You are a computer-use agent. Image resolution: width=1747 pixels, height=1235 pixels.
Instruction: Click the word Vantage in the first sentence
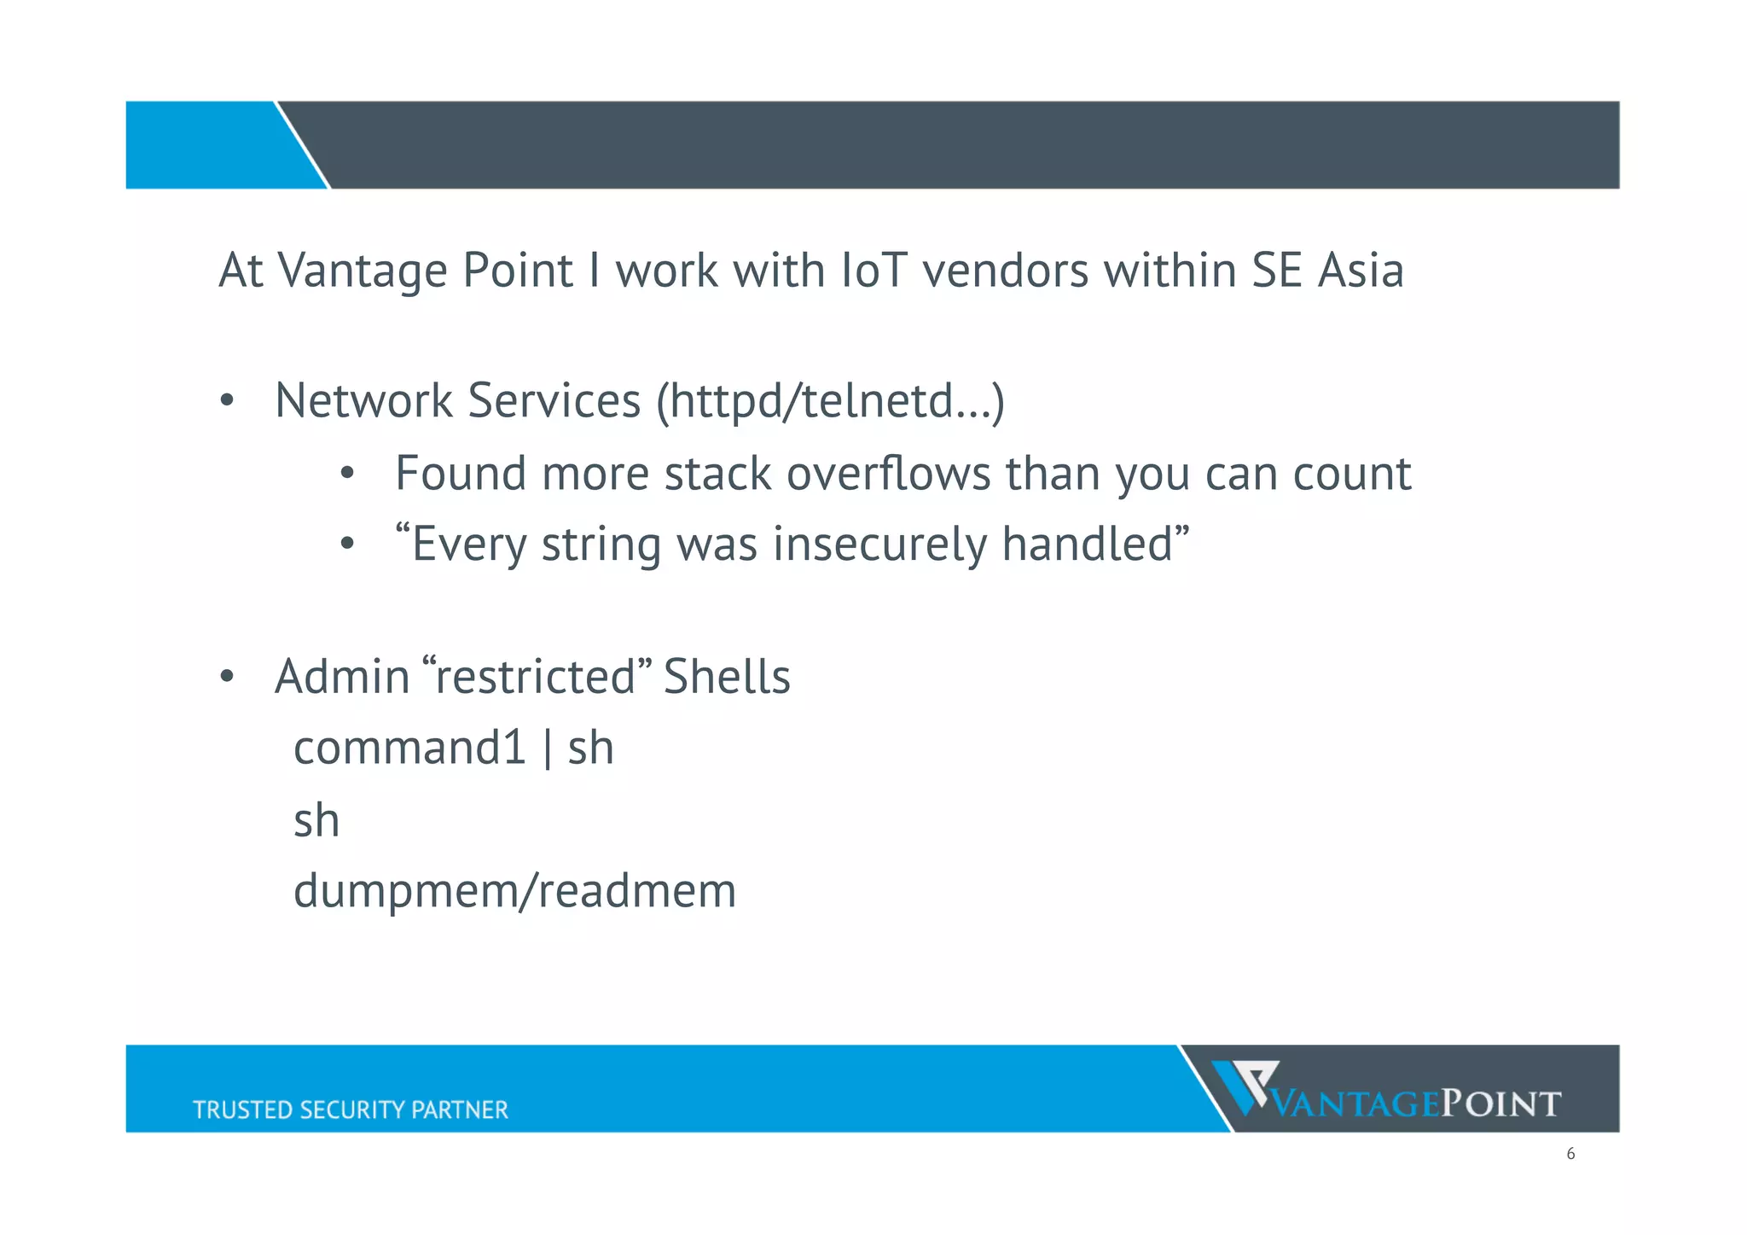(362, 271)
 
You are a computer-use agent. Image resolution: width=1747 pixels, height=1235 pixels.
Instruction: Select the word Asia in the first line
(1361, 271)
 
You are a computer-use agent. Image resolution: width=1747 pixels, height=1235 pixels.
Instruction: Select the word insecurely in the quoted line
(879, 545)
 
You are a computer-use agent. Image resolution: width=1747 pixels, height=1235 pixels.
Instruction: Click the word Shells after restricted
(727, 677)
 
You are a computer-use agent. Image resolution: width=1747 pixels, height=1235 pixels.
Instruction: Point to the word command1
(409, 749)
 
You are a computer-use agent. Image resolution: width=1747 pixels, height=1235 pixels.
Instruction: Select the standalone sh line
(316, 821)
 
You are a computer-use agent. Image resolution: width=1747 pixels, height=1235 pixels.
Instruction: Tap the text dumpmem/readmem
(514, 892)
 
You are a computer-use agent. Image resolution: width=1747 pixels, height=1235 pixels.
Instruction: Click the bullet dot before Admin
(226, 678)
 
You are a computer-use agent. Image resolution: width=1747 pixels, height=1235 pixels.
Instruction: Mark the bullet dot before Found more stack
(346, 475)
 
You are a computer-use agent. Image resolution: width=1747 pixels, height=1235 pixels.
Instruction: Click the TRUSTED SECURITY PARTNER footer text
(350, 1110)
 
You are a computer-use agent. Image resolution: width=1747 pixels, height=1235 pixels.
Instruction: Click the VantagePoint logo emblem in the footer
(1245, 1086)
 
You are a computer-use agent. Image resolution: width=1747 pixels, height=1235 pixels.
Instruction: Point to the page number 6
(1570, 1154)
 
